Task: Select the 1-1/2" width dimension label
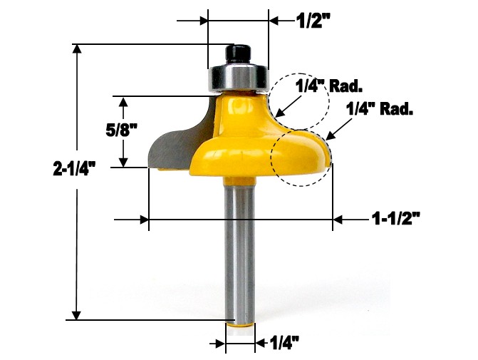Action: point(396,220)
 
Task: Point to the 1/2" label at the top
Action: point(313,21)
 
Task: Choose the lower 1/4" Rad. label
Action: point(380,110)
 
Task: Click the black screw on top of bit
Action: point(237,53)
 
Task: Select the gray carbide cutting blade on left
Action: point(175,143)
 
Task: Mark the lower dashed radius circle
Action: point(300,157)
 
